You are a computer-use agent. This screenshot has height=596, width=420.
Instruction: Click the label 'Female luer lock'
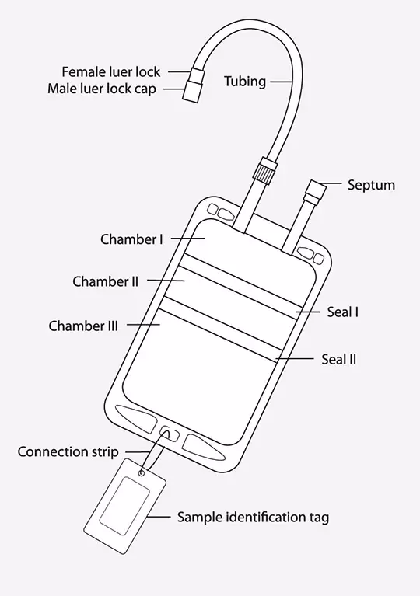click(x=110, y=71)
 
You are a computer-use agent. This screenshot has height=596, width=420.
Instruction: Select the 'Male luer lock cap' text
click(x=102, y=89)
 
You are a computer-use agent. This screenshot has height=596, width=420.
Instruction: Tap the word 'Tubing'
click(x=245, y=82)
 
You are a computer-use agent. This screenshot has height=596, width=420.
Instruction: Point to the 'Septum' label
click(x=371, y=186)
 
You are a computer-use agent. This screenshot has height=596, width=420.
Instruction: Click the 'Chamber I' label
click(x=131, y=239)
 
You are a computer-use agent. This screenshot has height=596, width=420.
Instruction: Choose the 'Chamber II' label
click(x=105, y=281)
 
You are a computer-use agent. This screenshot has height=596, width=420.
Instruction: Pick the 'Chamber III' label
click(x=83, y=326)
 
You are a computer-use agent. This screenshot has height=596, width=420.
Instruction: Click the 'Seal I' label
click(x=342, y=312)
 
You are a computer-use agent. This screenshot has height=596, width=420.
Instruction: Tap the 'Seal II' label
click(x=338, y=360)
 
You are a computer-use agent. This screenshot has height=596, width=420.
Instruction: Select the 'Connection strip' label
click(x=68, y=452)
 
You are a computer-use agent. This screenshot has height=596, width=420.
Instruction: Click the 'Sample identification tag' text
click(x=253, y=518)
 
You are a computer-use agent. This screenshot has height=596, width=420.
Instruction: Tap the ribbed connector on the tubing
click(x=263, y=169)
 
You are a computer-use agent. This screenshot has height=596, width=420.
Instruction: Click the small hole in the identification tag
click(x=142, y=473)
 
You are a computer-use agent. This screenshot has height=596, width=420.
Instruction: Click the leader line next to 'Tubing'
click(x=281, y=82)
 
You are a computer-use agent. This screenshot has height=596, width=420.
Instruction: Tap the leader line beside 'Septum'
click(x=331, y=184)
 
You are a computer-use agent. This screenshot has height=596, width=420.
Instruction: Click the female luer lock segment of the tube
click(x=198, y=73)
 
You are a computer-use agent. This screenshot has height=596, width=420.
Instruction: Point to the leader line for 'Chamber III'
click(x=143, y=325)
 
